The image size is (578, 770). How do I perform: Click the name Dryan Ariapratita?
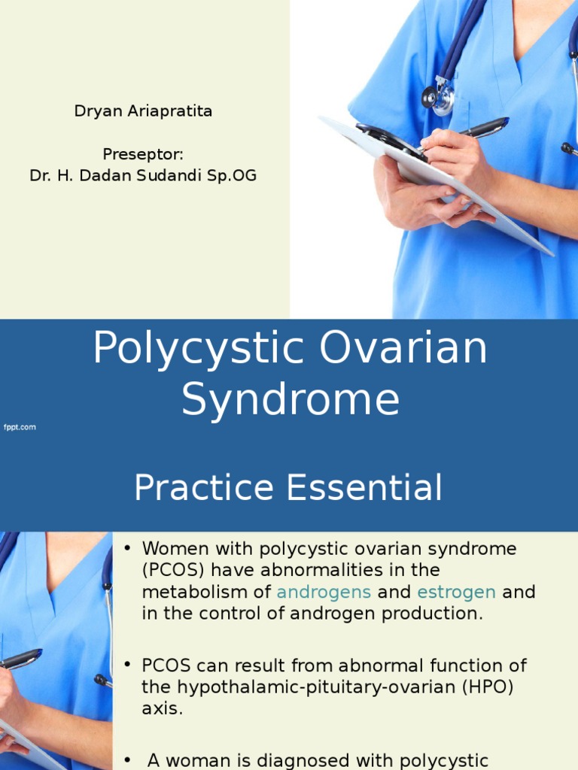tap(143, 111)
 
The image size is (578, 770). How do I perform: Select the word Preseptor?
tap(141, 154)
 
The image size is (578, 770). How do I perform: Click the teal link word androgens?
tap(324, 593)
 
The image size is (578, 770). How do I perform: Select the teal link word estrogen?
tap(457, 593)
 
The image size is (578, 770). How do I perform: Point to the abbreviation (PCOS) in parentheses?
tap(171, 571)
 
